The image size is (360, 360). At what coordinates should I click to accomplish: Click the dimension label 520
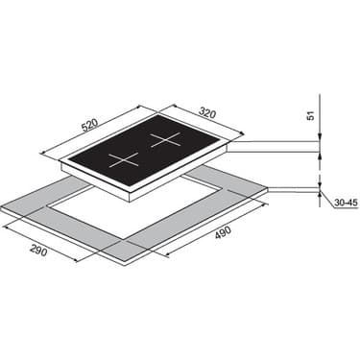click(x=89, y=125)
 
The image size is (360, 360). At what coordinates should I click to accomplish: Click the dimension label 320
click(x=207, y=112)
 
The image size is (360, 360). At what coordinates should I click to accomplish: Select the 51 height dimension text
click(x=310, y=115)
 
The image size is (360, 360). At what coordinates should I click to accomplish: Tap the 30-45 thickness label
click(x=347, y=203)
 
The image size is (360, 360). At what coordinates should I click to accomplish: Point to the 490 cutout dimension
click(x=223, y=232)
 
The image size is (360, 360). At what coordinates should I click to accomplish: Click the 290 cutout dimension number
click(x=38, y=250)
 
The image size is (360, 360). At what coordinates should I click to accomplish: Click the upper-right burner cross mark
click(x=166, y=140)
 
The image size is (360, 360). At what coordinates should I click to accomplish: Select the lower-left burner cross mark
click(x=124, y=159)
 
